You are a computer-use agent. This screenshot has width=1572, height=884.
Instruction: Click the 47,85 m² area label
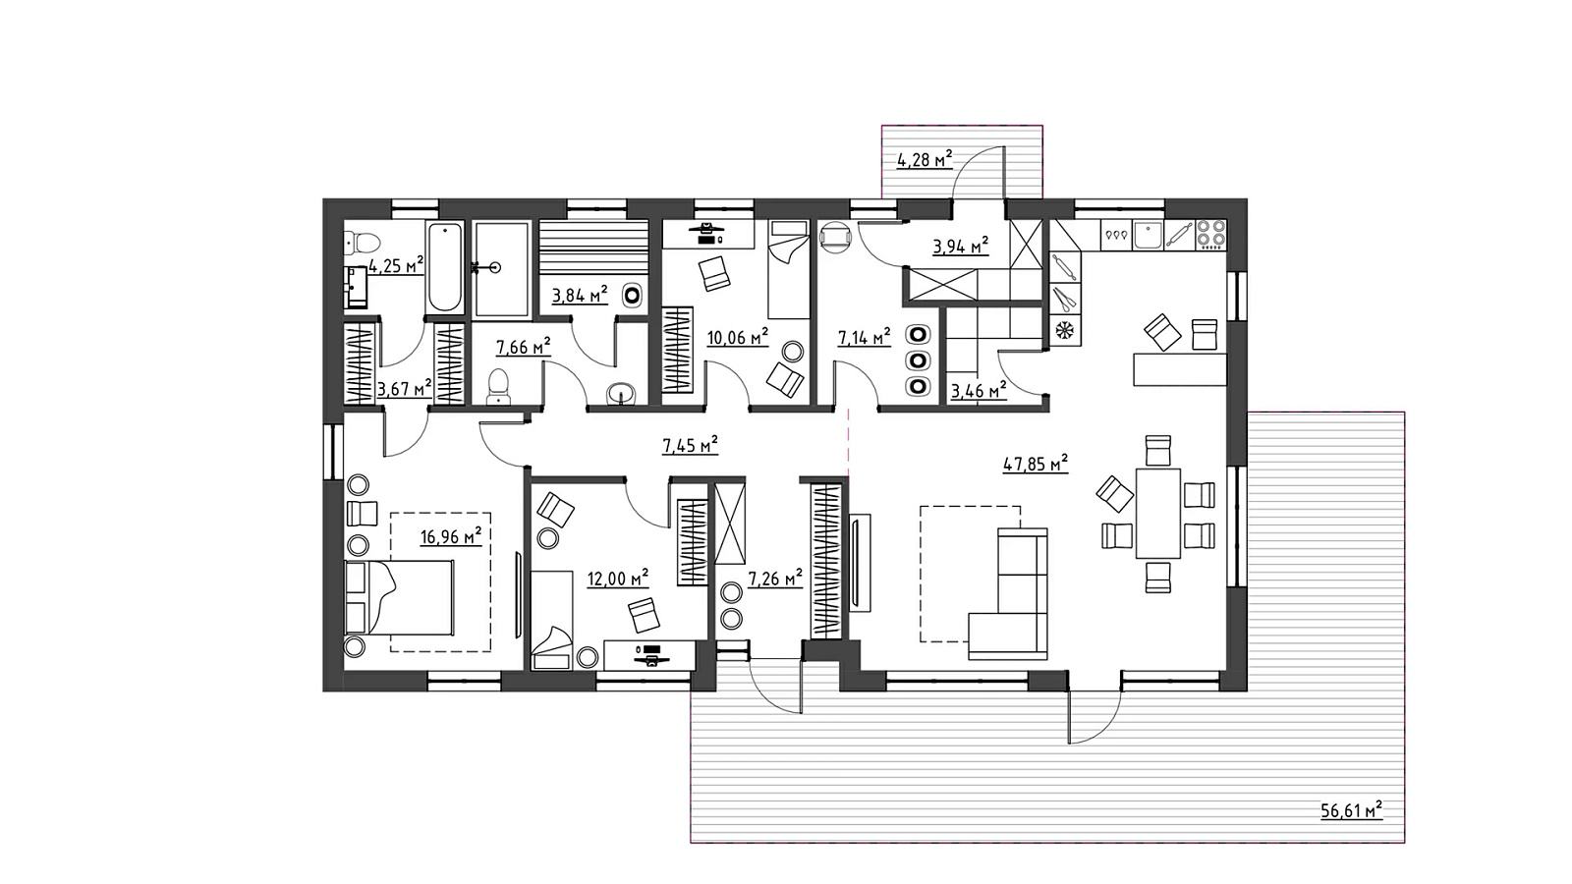click(x=1036, y=464)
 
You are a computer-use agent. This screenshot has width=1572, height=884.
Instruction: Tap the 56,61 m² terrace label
click(x=1351, y=811)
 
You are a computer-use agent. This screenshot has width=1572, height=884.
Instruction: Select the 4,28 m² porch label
click(x=925, y=160)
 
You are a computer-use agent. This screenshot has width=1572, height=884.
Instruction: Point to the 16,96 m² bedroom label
click(x=451, y=537)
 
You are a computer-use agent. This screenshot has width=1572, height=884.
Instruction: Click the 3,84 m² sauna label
click(x=579, y=296)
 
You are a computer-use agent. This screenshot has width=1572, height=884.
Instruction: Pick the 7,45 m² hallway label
click(x=690, y=445)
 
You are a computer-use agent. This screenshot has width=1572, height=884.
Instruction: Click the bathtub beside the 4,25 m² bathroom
click(x=445, y=266)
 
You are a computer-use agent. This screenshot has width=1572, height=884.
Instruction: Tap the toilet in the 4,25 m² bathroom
click(x=363, y=244)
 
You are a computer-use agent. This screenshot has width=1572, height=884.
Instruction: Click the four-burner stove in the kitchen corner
click(x=1211, y=235)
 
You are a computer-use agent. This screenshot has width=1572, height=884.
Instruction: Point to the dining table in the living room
click(x=1158, y=513)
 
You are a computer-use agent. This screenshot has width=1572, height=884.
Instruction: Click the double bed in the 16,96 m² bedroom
click(x=399, y=598)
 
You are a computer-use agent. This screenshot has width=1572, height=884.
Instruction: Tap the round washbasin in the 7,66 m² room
click(x=621, y=393)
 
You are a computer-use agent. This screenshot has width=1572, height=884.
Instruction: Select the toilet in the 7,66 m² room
click(x=498, y=387)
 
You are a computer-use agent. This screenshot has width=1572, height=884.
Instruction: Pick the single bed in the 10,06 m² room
click(x=790, y=270)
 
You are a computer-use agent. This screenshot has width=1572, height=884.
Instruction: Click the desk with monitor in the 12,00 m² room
click(x=649, y=655)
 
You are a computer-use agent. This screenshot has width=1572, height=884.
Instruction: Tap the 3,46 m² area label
click(x=979, y=390)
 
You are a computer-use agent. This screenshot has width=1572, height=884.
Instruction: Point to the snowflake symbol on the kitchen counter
click(x=1065, y=329)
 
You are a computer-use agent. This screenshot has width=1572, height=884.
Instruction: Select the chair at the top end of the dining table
click(x=1158, y=451)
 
